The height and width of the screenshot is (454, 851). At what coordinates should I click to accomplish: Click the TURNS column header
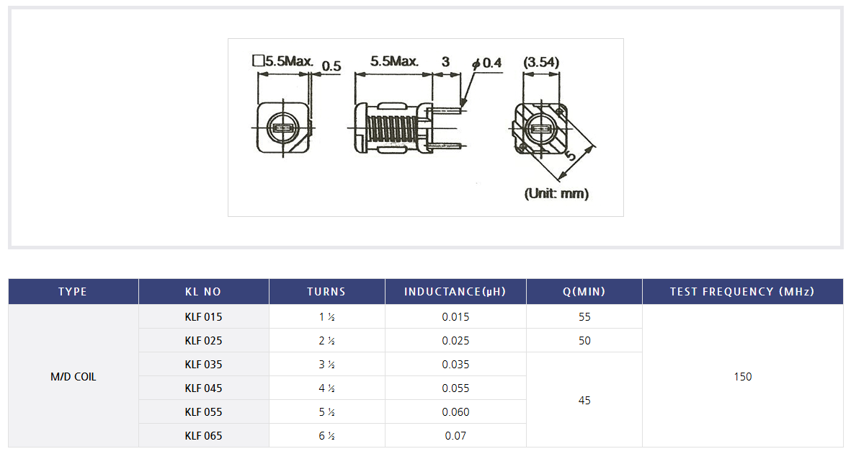point(326,292)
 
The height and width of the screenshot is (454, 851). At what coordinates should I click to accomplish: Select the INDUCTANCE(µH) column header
point(455,292)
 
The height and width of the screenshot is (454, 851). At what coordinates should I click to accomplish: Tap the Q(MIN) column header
point(584,292)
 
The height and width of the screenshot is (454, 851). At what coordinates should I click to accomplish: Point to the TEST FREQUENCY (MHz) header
point(742,292)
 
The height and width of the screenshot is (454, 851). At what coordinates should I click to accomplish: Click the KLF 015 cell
point(203,316)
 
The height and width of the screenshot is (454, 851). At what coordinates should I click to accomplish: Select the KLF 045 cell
point(203,388)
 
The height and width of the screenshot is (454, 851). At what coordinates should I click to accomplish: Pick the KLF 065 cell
point(203,435)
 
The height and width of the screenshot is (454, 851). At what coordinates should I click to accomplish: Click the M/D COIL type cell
point(73,377)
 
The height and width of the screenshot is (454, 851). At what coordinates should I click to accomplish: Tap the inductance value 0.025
point(455,340)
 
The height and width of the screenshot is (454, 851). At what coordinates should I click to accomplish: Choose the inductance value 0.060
point(455,412)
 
